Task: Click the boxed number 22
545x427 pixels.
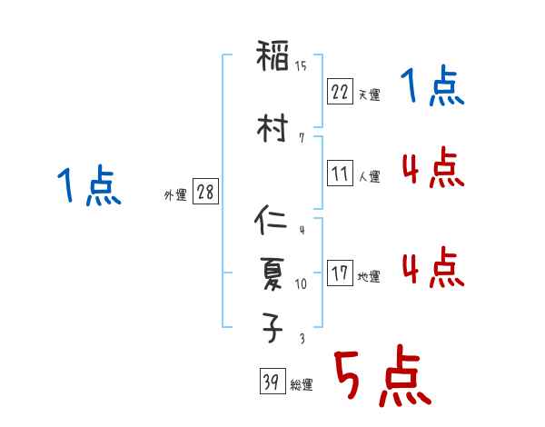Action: (340, 92)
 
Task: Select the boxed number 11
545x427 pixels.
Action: (340, 174)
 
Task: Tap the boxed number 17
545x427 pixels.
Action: (340, 273)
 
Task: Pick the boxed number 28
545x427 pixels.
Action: (205, 192)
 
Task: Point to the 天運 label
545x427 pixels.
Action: (369, 94)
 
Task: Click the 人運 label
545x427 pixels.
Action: (369, 176)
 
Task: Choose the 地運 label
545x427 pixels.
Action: (369, 276)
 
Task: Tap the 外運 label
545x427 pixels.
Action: (175, 194)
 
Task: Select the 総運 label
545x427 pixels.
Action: (301, 385)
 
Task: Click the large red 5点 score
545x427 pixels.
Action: (381, 377)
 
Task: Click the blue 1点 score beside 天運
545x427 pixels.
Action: (432, 88)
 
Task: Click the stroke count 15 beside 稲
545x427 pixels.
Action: (301, 66)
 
